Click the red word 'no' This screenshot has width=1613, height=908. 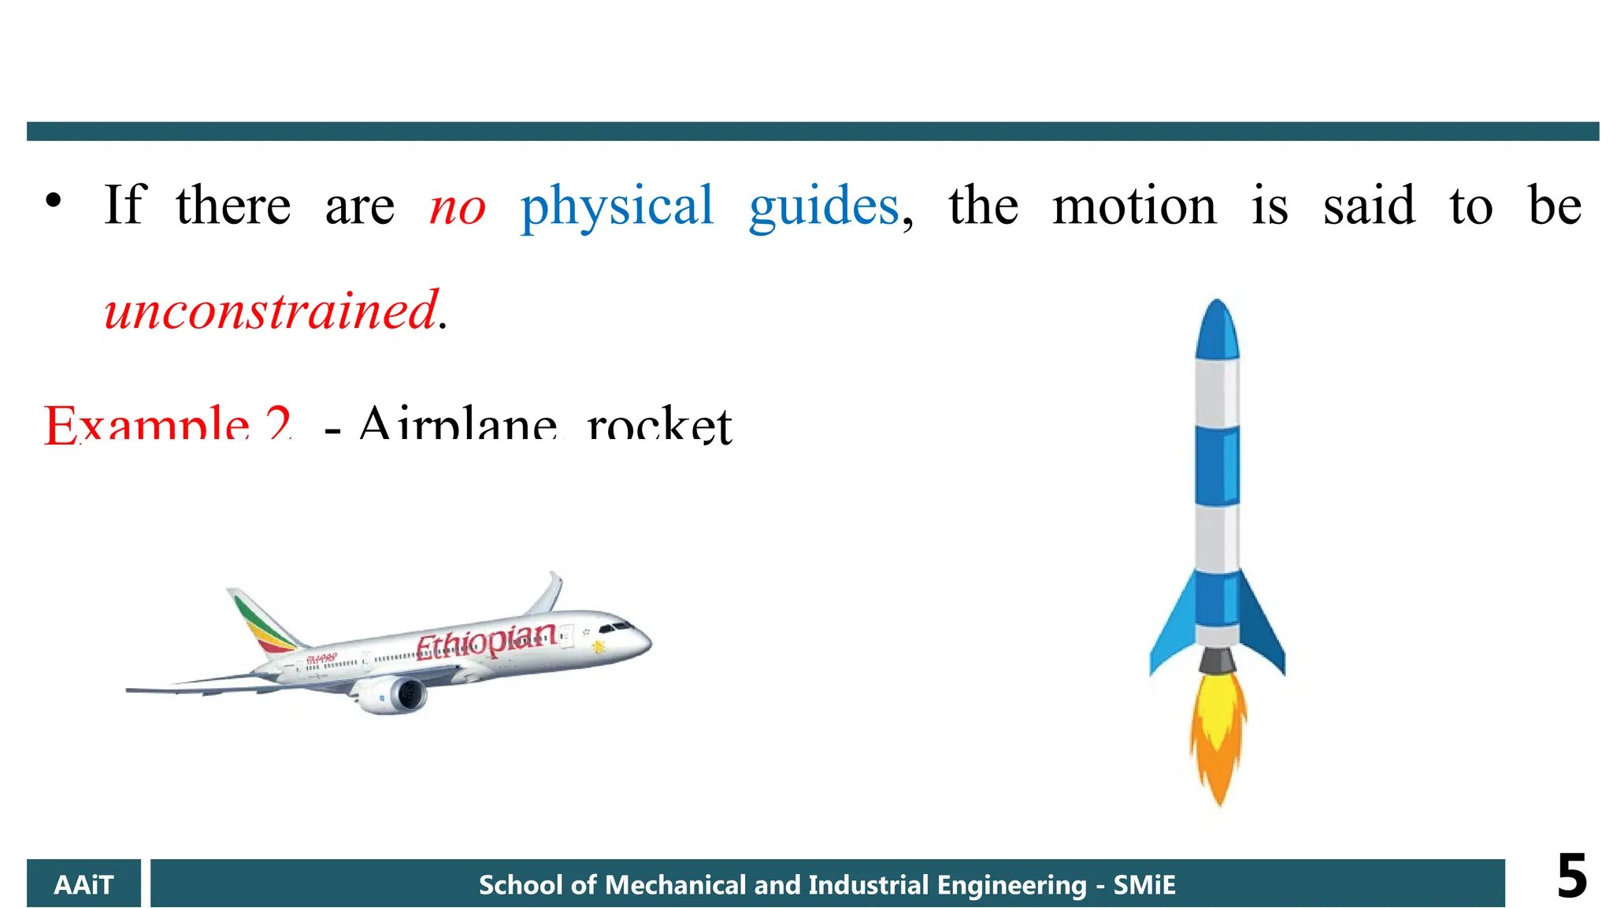coord(458,207)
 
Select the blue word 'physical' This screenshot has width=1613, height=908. coord(617,207)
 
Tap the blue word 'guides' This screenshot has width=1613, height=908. coord(824,207)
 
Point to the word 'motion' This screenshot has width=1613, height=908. coord(1134,207)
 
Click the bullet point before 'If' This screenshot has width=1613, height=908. coord(53,202)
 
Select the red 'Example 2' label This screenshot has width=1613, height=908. coord(168,426)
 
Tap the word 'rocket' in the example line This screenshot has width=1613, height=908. coord(659,426)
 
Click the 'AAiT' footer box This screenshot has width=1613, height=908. coord(83,884)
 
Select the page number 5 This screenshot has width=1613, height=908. coord(1571,876)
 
